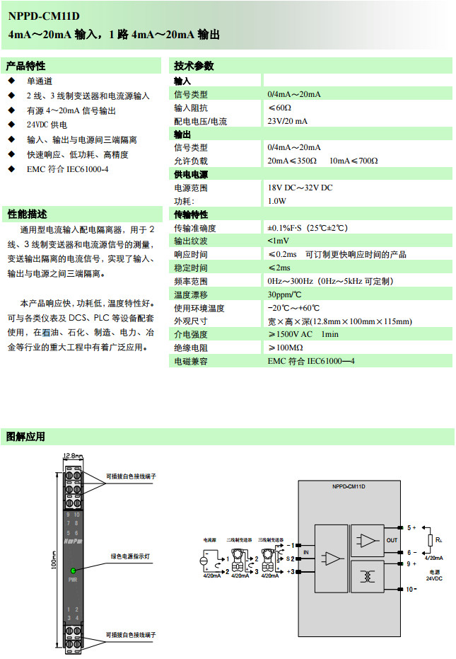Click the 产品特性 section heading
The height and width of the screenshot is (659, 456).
pos(25,66)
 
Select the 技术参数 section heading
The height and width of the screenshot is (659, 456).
pos(194,66)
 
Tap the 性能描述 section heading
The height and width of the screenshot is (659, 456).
pos(26,214)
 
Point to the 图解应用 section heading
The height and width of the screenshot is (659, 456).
pos(26,436)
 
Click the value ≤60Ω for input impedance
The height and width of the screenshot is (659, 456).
pos(279,108)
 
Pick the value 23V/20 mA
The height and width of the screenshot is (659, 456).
pos(288,121)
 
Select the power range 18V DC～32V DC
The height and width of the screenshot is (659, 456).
pos(300,188)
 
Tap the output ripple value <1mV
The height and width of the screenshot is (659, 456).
pos(278,241)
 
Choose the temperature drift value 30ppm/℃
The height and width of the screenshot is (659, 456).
pos(284,294)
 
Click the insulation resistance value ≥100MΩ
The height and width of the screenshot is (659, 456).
pos(285,348)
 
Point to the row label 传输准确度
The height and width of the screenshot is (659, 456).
pos(195,228)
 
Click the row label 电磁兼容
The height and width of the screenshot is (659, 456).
pos(191,361)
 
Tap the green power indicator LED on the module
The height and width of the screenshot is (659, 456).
pos(72,570)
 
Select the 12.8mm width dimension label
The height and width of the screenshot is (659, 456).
pos(74,456)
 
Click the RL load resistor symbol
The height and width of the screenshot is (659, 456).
pos(430,541)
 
